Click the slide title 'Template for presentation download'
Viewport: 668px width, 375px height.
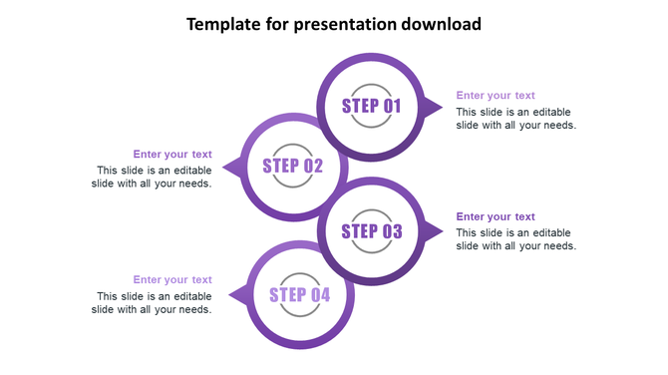pos(334,24)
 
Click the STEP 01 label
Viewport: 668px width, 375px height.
pos(371,107)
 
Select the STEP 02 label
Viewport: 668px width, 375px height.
pos(293,166)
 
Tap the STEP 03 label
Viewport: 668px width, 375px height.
pos(372,232)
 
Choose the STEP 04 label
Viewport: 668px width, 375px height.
pos(299,294)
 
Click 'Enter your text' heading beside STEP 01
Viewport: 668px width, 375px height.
pos(496,96)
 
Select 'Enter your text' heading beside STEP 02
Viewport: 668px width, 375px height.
pos(172,155)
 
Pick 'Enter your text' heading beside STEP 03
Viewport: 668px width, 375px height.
pos(496,216)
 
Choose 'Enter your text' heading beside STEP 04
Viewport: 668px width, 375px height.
pos(172,280)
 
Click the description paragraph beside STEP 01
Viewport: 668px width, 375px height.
pos(515,119)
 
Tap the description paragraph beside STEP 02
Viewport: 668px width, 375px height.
pos(153,177)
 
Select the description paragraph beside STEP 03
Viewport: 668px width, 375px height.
pos(515,239)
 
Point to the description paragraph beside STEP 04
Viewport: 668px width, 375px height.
pos(153,302)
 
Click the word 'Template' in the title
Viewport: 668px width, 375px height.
pos(225,24)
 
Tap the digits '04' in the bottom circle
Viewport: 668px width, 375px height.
pos(319,294)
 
